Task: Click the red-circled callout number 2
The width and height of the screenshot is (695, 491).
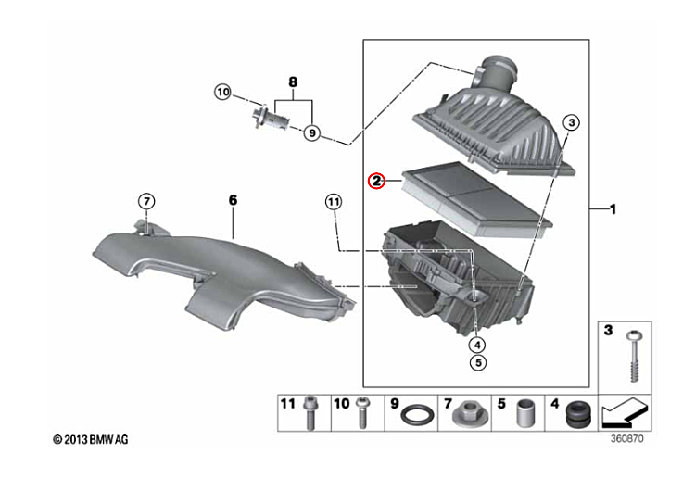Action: coord(377,181)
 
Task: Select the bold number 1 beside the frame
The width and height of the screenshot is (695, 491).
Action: coord(613,208)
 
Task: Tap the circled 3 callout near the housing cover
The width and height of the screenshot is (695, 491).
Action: coord(572,122)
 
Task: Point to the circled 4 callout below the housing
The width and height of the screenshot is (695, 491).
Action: coord(477,345)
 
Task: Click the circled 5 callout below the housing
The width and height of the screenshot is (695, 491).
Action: coord(478,362)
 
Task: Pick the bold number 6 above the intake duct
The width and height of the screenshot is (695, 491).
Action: coord(234,200)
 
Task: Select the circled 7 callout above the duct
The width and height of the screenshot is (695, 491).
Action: coord(146,202)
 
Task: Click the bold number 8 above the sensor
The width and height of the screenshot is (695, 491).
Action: coord(293,82)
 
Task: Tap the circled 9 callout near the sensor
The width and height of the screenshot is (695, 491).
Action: coord(312,132)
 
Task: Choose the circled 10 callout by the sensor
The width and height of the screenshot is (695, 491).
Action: coord(223,92)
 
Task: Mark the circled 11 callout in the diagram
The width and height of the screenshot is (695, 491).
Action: coord(334,202)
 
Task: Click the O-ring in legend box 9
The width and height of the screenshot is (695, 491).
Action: coord(417,416)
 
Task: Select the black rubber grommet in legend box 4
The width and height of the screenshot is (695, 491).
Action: coord(579,415)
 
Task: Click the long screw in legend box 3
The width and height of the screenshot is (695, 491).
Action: coord(634,357)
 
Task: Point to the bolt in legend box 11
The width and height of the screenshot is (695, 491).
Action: coord(310,412)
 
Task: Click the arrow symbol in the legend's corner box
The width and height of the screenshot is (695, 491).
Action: coord(625,413)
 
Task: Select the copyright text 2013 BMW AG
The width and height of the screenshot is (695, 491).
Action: coord(91,440)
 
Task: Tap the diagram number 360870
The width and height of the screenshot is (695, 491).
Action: coord(626,439)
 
